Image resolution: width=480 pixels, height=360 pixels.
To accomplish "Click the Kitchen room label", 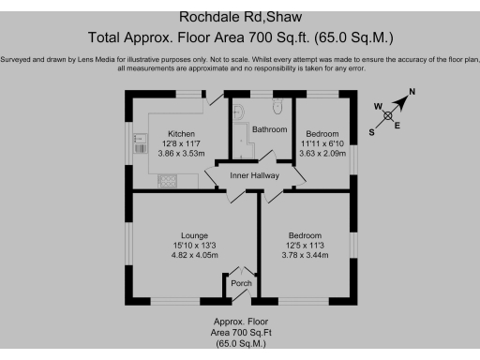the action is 181,132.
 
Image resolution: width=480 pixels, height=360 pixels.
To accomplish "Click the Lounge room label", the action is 194,234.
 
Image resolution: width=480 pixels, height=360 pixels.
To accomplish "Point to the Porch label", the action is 241,282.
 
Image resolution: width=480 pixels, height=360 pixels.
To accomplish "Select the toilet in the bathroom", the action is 278,107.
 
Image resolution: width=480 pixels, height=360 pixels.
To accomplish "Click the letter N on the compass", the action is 411,92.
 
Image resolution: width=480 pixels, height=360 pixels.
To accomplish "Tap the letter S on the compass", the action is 372,132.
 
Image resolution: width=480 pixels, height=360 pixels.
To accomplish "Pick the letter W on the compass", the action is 379,107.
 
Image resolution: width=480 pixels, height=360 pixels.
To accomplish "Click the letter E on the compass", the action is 397,125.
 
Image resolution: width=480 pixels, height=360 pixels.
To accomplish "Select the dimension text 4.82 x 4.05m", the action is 194,255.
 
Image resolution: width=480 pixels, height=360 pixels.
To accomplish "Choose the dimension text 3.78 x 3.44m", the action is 306,255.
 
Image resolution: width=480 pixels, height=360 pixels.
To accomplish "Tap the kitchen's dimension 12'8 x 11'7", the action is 181,142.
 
